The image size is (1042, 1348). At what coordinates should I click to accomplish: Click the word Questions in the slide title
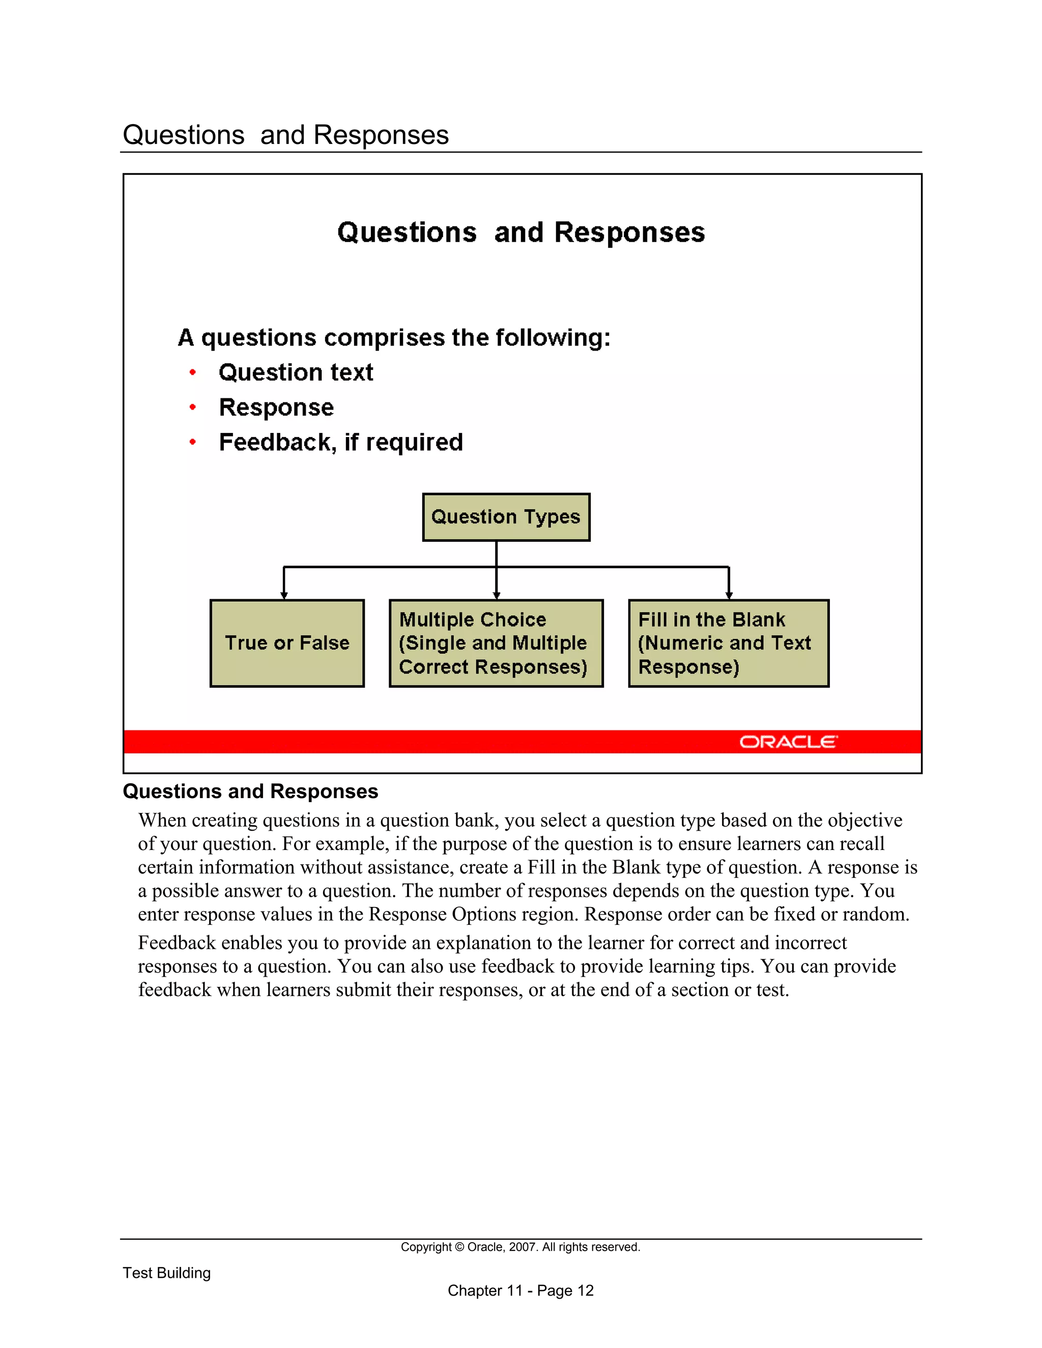(407, 232)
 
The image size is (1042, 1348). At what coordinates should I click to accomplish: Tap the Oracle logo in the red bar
(788, 741)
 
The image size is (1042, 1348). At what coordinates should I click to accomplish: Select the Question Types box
(506, 517)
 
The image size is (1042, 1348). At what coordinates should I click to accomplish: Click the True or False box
(287, 643)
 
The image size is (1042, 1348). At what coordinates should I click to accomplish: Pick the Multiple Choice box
(496, 643)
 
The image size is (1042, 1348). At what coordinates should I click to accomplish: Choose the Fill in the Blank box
(729, 643)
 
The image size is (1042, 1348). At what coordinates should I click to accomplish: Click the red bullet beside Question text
(193, 372)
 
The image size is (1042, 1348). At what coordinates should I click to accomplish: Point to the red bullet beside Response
(193, 407)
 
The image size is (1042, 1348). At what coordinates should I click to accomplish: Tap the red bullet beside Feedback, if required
(193, 442)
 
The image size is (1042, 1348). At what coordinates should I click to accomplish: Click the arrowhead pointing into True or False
(284, 595)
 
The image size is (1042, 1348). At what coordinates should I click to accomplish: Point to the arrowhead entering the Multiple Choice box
(496, 595)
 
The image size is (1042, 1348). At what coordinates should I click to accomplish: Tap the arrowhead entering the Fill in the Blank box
(729, 595)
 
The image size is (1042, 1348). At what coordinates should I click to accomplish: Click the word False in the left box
(325, 643)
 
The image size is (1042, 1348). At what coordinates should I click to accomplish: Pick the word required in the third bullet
(414, 443)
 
